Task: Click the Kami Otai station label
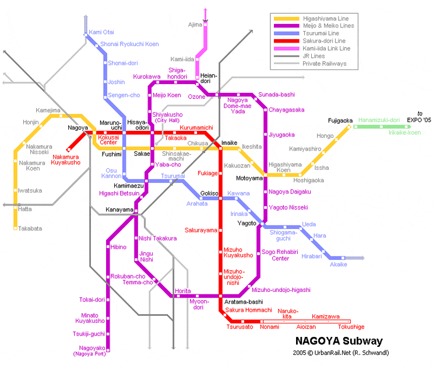101,32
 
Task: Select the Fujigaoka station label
340,121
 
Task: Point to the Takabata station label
30,228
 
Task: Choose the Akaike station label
339,264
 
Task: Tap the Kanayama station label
119,210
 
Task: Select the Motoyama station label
249,178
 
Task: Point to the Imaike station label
229,142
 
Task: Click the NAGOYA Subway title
339,341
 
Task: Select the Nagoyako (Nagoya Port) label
89,350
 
